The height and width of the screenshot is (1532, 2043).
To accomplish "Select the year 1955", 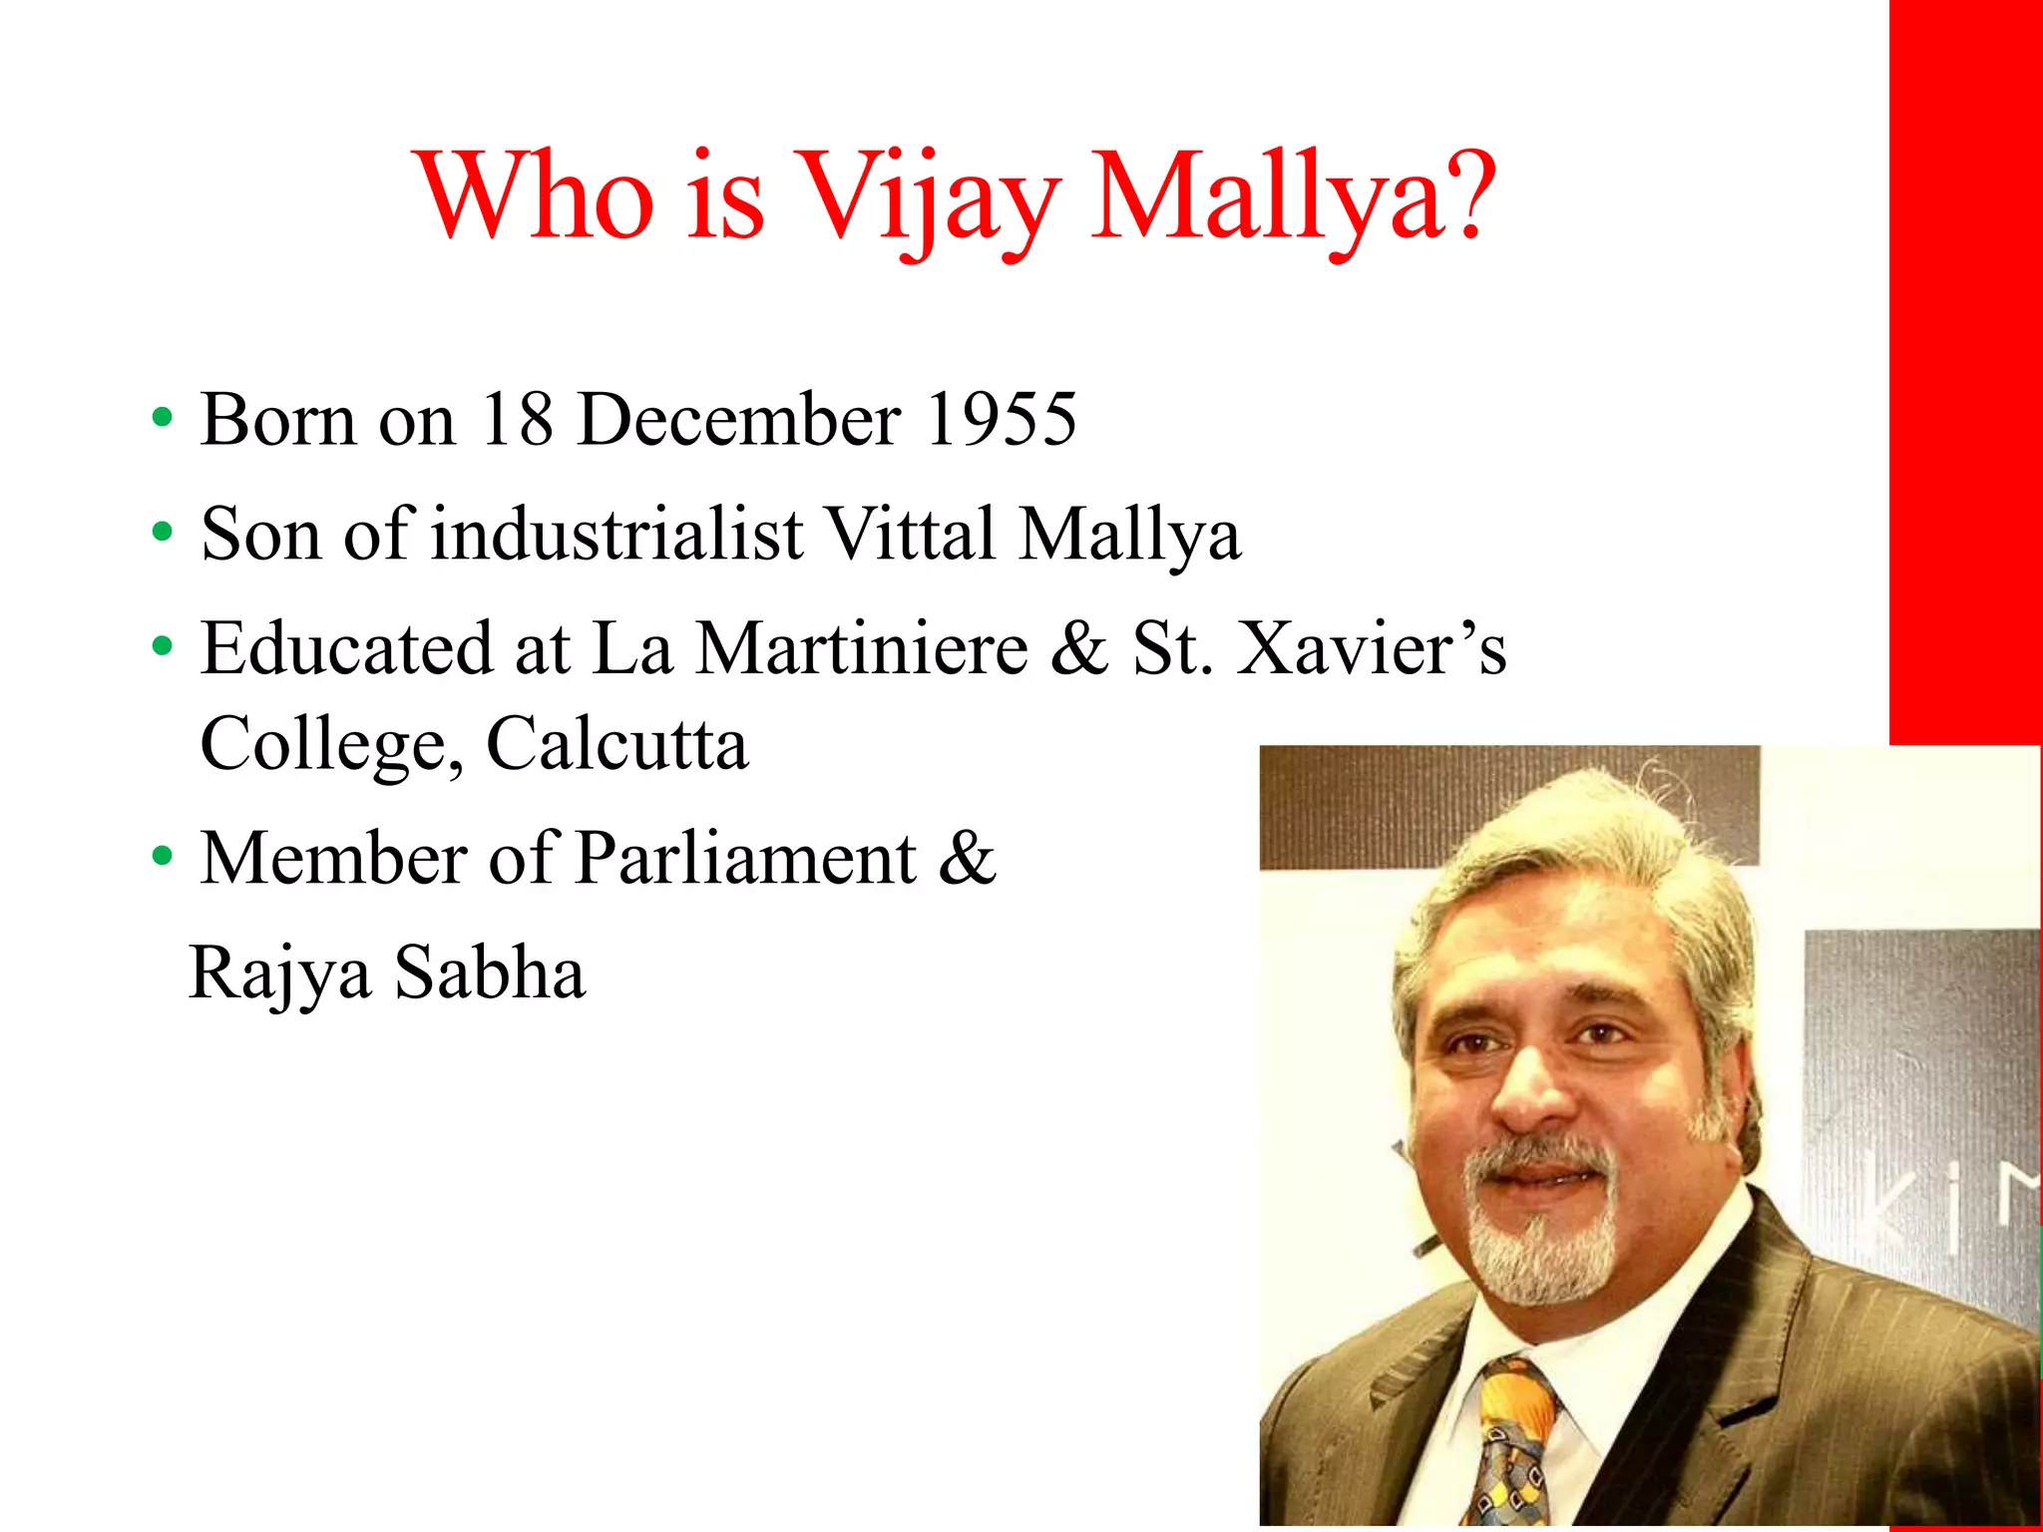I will [1002, 419].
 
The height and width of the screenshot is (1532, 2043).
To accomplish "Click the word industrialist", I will [616, 534].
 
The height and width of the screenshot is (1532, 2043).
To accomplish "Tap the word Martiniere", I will [861, 649].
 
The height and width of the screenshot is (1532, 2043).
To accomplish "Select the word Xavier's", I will [1371, 649].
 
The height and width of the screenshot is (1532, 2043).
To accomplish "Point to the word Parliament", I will [745, 859].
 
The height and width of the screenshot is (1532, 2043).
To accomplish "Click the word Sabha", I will [490, 973].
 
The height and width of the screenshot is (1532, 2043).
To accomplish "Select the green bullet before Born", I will [162, 419].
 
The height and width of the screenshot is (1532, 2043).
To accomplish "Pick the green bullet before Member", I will [162, 858].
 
